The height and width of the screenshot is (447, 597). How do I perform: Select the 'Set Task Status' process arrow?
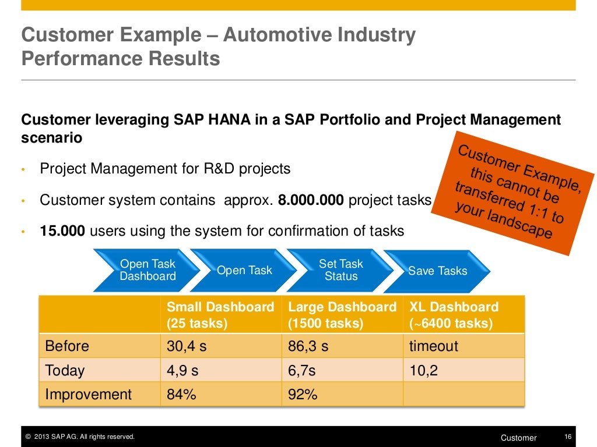click(340, 271)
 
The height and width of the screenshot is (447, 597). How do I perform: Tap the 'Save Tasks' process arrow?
click(437, 271)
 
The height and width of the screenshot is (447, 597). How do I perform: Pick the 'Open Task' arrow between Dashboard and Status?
click(244, 271)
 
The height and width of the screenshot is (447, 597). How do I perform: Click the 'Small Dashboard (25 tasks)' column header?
click(220, 315)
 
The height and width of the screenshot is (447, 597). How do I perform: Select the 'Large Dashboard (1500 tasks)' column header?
click(342, 315)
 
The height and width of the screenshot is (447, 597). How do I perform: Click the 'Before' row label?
click(67, 346)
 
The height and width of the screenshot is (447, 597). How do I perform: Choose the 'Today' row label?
click(65, 371)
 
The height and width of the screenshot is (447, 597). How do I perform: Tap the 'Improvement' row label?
click(89, 395)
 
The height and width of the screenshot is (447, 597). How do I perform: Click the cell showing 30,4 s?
click(187, 346)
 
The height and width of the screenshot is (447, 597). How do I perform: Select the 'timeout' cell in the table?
click(434, 346)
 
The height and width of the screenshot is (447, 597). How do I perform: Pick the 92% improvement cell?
click(303, 395)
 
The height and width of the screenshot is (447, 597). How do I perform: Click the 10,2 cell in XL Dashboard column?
click(423, 371)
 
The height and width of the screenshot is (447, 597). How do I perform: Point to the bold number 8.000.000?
click(311, 200)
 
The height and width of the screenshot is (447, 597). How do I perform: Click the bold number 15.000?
click(62, 231)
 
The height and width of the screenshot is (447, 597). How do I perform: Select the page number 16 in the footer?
click(568, 437)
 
